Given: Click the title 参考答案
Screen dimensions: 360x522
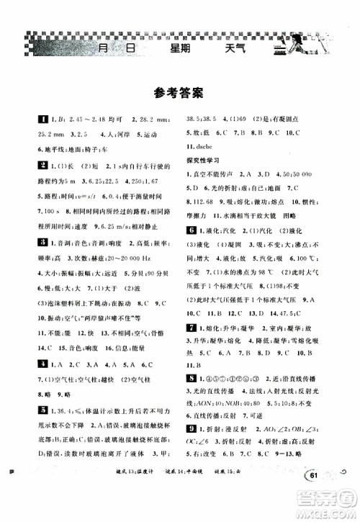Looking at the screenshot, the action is (x=179, y=92).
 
